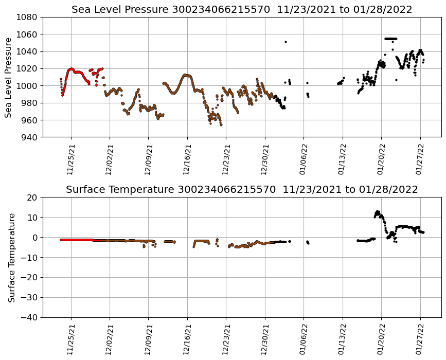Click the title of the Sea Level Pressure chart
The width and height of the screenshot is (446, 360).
coord(242,9)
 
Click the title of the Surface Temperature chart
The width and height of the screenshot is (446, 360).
coord(242,190)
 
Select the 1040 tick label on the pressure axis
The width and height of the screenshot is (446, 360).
coord(29,51)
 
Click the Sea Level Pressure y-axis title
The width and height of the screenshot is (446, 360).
coord(8,77)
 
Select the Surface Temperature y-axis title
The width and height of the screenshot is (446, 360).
coord(11,258)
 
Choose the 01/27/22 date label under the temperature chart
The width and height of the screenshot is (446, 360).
coord(420,339)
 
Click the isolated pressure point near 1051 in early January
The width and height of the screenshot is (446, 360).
coord(286,42)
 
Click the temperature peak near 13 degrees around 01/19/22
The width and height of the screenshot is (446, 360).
coord(377,211)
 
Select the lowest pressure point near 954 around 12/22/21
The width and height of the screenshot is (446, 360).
coord(221,125)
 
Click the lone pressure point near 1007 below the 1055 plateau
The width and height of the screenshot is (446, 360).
coord(396,80)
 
